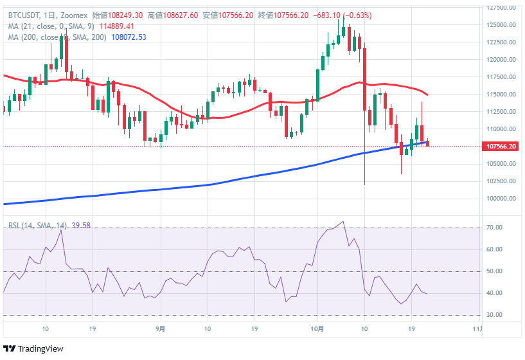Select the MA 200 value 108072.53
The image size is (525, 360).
129,37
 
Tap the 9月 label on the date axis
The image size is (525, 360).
161,329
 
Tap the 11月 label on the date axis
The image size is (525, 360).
476,329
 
